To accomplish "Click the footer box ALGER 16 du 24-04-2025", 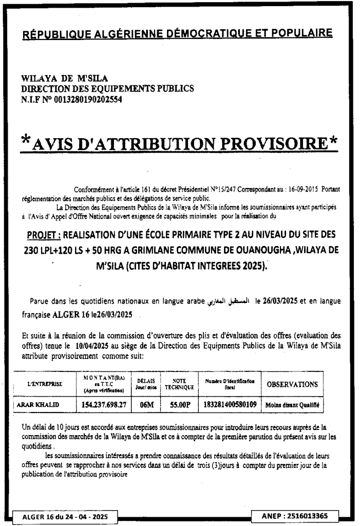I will point(65,516).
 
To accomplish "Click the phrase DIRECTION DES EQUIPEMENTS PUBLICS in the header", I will point(107,89).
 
